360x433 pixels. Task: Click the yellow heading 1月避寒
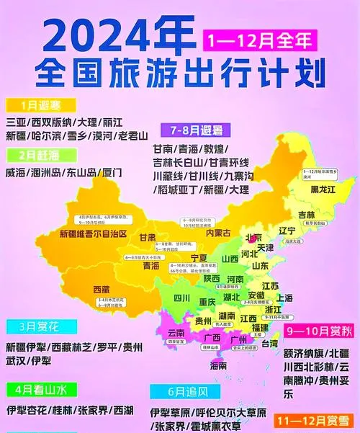point(33,104)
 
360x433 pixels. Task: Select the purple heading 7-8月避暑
point(196,130)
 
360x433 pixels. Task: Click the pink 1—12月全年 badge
point(259,39)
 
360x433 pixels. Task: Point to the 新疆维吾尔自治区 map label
point(93,234)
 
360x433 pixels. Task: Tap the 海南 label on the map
point(219,366)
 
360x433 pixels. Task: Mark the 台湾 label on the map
point(269,345)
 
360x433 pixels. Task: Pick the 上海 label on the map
point(285,298)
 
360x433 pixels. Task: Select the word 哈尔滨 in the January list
point(49,135)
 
